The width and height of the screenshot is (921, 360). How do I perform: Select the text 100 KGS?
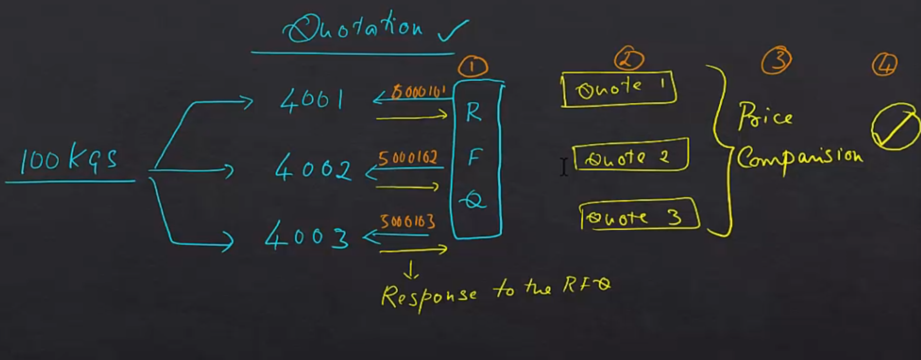[x=69, y=159]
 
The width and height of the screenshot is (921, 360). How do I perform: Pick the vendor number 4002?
[x=313, y=168]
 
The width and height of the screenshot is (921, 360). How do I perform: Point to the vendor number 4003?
[x=307, y=236]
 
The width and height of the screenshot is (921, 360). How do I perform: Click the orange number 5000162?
[x=408, y=159]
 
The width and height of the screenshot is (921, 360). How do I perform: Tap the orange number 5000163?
[x=408, y=222]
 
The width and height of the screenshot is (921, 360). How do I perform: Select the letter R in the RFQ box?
[x=473, y=112]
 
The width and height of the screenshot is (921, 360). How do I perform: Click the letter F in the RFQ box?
[x=473, y=158]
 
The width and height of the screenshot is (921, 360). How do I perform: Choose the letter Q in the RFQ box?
[x=473, y=201]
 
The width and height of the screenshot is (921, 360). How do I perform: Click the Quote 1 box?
[x=619, y=90]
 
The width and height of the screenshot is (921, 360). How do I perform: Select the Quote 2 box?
[x=631, y=156]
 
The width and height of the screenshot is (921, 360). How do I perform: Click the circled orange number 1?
[x=473, y=67]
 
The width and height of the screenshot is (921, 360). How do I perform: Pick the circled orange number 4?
[x=885, y=64]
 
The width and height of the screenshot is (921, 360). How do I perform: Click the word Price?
[x=765, y=117]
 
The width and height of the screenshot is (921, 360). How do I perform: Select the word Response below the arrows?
[x=428, y=296]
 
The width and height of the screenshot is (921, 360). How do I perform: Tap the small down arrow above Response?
[x=411, y=270]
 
